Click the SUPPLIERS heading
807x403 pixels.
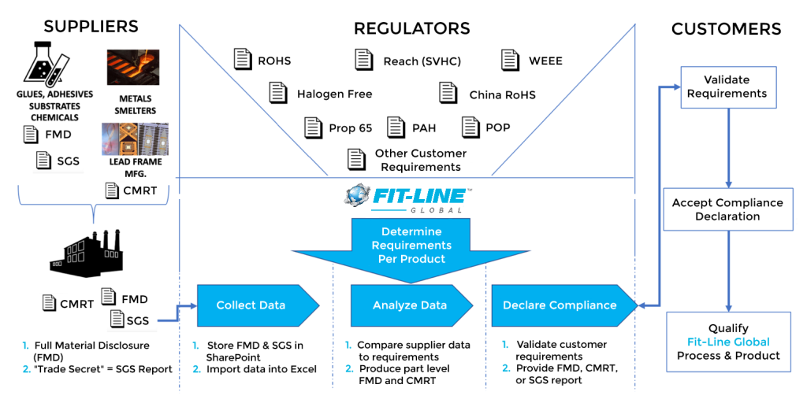point(91,27)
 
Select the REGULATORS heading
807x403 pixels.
point(411,29)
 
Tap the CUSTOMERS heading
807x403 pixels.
point(726,30)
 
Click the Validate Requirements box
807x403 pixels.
point(727,87)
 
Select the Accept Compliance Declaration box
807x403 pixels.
point(727,209)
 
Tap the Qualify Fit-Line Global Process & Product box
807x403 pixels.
point(728,342)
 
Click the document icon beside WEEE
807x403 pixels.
point(511,60)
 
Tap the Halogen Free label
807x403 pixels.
point(334,94)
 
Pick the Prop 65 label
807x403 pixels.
point(350,128)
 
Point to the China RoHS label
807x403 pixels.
point(502,95)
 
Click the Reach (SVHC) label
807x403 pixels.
point(422,61)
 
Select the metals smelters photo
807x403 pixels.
point(133,67)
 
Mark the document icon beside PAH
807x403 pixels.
point(396,127)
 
